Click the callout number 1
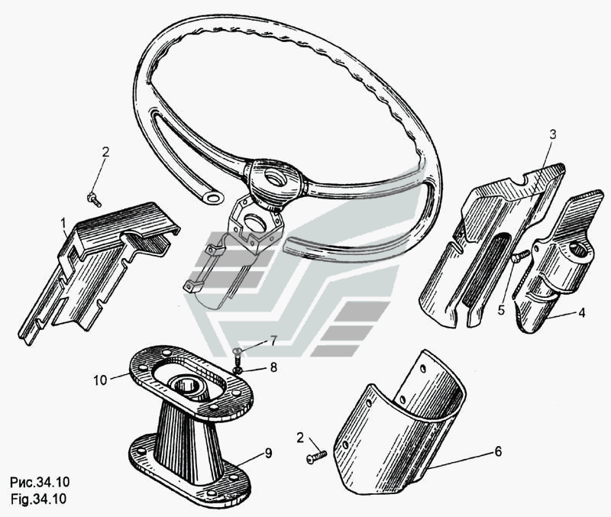pyautogui.click(x=63, y=224)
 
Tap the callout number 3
pyautogui.click(x=553, y=135)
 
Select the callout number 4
pyautogui.click(x=581, y=312)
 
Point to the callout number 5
pyautogui.click(x=501, y=310)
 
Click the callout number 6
pyautogui.click(x=498, y=451)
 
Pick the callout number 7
pyautogui.click(x=273, y=341)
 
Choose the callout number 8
pyautogui.click(x=273, y=367)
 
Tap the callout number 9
pyautogui.click(x=269, y=453)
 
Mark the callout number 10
pyautogui.click(x=100, y=380)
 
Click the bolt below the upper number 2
pyautogui.click(x=94, y=199)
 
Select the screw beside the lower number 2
pyautogui.click(x=316, y=457)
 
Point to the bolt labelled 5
pyautogui.click(x=520, y=256)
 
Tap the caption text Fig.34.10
pyautogui.click(x=39, y=499)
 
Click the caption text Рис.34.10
pyautogui.click(x=40, y=483)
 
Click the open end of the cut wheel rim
pyautogui.click(x=214, y=198)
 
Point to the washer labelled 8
pyautogui.click(x=238, y=370)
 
